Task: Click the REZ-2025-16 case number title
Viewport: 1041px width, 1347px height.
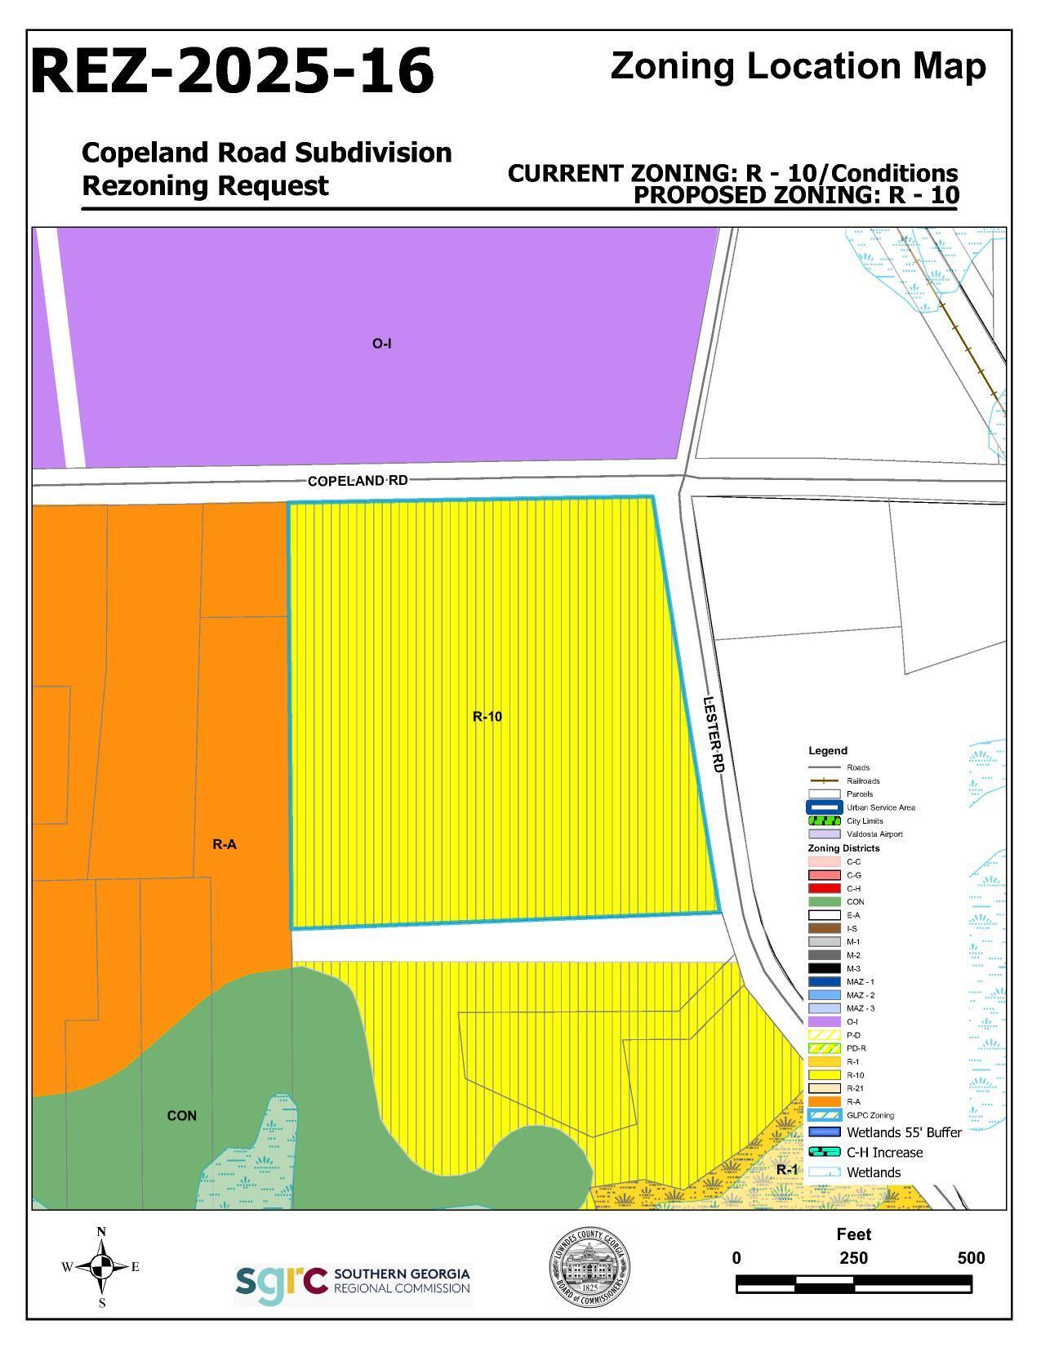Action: [233, 71]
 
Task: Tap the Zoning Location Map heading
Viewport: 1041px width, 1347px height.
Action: [798, 66]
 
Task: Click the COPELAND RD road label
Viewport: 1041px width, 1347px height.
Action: [357, 481]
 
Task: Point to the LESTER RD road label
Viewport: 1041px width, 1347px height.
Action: [714, 734]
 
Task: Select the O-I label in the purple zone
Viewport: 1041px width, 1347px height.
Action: [381, 344]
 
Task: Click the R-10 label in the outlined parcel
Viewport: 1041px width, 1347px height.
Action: [487, 717]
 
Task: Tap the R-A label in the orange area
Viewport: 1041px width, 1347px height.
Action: [225, 845]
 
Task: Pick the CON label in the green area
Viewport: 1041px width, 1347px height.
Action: [181, 1116]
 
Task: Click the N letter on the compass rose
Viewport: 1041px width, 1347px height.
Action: [101, 1232]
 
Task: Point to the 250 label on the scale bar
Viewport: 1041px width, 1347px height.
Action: [853, 1258]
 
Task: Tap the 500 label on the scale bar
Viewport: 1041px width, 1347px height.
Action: [971, 1258]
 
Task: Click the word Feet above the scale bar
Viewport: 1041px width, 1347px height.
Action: [853, 1234]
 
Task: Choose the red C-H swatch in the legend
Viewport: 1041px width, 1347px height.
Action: [824, 888]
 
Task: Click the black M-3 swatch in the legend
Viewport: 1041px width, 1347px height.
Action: [824, 968]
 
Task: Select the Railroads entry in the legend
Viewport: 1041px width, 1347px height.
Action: [864, 781]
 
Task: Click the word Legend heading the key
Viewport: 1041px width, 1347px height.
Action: [828, 751]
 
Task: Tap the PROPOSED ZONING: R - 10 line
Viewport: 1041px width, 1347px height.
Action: [796, 196]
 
